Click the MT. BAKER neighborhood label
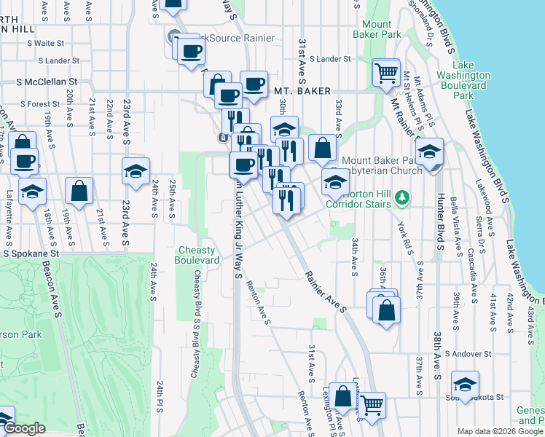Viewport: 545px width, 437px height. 302,91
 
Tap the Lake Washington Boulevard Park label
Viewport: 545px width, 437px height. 463,85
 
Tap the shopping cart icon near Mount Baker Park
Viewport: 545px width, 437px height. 385,73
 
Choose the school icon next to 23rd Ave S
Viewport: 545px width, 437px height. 136,172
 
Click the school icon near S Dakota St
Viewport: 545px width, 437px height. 465,385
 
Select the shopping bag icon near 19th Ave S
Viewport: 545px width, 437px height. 79,191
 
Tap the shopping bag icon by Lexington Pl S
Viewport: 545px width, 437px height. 342,397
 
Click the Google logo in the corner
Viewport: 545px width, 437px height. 24,429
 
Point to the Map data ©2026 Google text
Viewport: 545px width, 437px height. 499,431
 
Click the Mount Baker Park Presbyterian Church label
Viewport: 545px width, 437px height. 381,165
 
